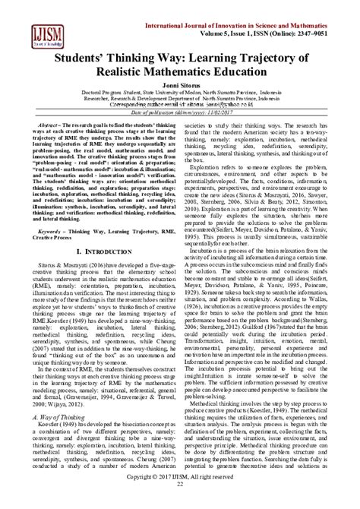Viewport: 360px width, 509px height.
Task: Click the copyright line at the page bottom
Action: click(180, 495)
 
